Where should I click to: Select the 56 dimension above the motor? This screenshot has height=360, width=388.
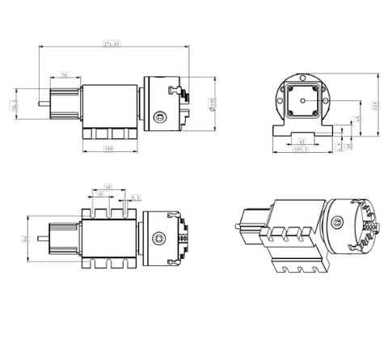tap(65, 75)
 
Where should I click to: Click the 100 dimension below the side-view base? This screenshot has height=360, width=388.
tap(108, 149)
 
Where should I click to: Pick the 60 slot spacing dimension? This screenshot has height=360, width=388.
tap(108, 185)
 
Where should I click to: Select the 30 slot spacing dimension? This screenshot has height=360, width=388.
tap(100, 194)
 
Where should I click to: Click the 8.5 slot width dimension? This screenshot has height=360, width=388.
tap(134, 197)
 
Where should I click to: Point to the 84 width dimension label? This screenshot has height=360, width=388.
tap(26, 239)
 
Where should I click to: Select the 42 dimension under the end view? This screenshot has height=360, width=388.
tap(302, 142)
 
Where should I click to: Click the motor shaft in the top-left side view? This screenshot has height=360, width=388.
tap(39, 103)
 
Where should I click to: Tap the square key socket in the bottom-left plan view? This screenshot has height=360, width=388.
tap(162, 238)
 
